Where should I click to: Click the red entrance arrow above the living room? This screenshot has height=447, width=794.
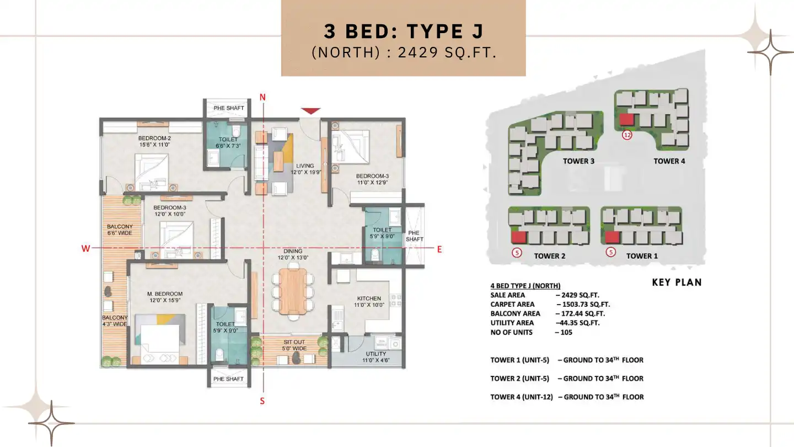[311, 111]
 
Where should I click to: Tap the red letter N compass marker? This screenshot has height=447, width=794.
[263, 97]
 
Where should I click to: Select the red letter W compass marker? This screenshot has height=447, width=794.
[85, 249]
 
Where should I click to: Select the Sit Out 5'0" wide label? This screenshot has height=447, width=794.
[291, 345]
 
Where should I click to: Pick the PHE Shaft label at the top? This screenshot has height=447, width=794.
[228, 108]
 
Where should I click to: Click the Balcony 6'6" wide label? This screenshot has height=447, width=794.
[120, 230]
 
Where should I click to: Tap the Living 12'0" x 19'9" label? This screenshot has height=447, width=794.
[304, 169]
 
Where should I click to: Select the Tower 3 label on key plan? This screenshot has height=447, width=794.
[578, 161]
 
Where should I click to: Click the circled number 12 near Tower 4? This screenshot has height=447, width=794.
[626, 135]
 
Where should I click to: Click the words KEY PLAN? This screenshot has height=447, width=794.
[677, 282]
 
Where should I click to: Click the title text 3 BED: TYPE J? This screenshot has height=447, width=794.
[403, 31]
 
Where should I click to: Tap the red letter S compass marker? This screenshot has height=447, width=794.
[262, 401]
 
